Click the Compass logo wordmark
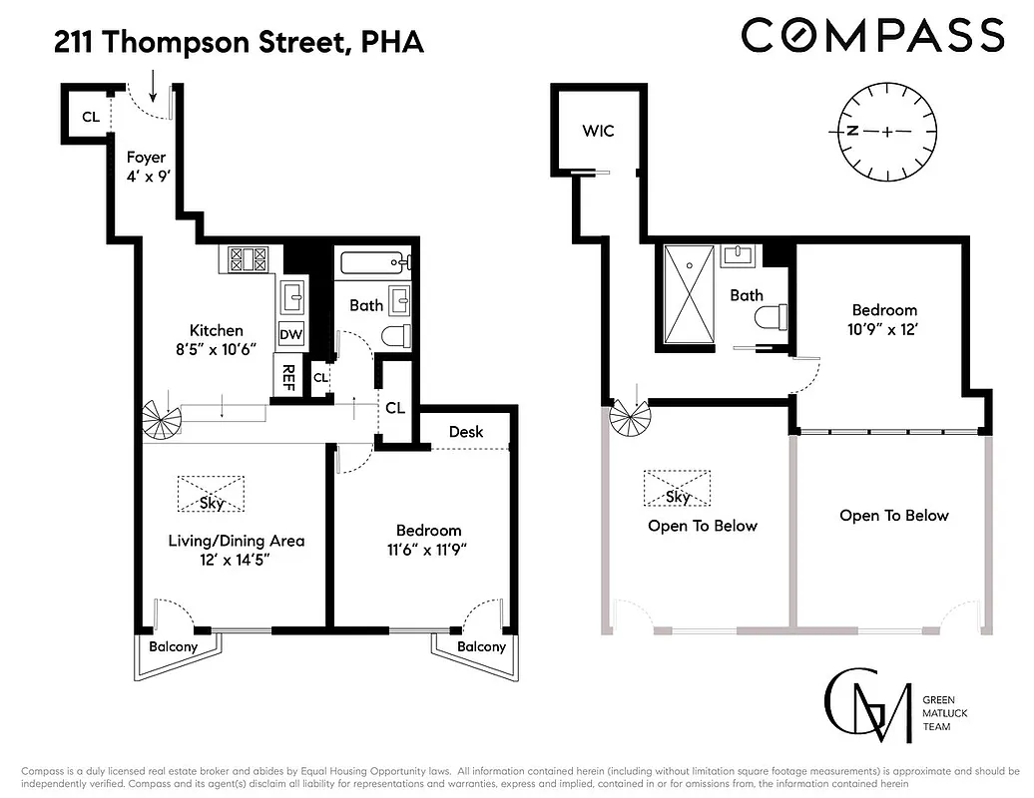tap(872, 35)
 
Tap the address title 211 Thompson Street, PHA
tap(239, 42)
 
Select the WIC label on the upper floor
tap(599, 131)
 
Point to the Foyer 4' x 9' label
tap(146, 167)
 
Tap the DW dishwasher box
tap(291, 334)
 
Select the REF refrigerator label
tap(287, 376)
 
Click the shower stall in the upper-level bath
tap(690, 294)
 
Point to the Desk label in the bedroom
tap(466, 431)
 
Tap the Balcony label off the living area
tap(174, 646)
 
